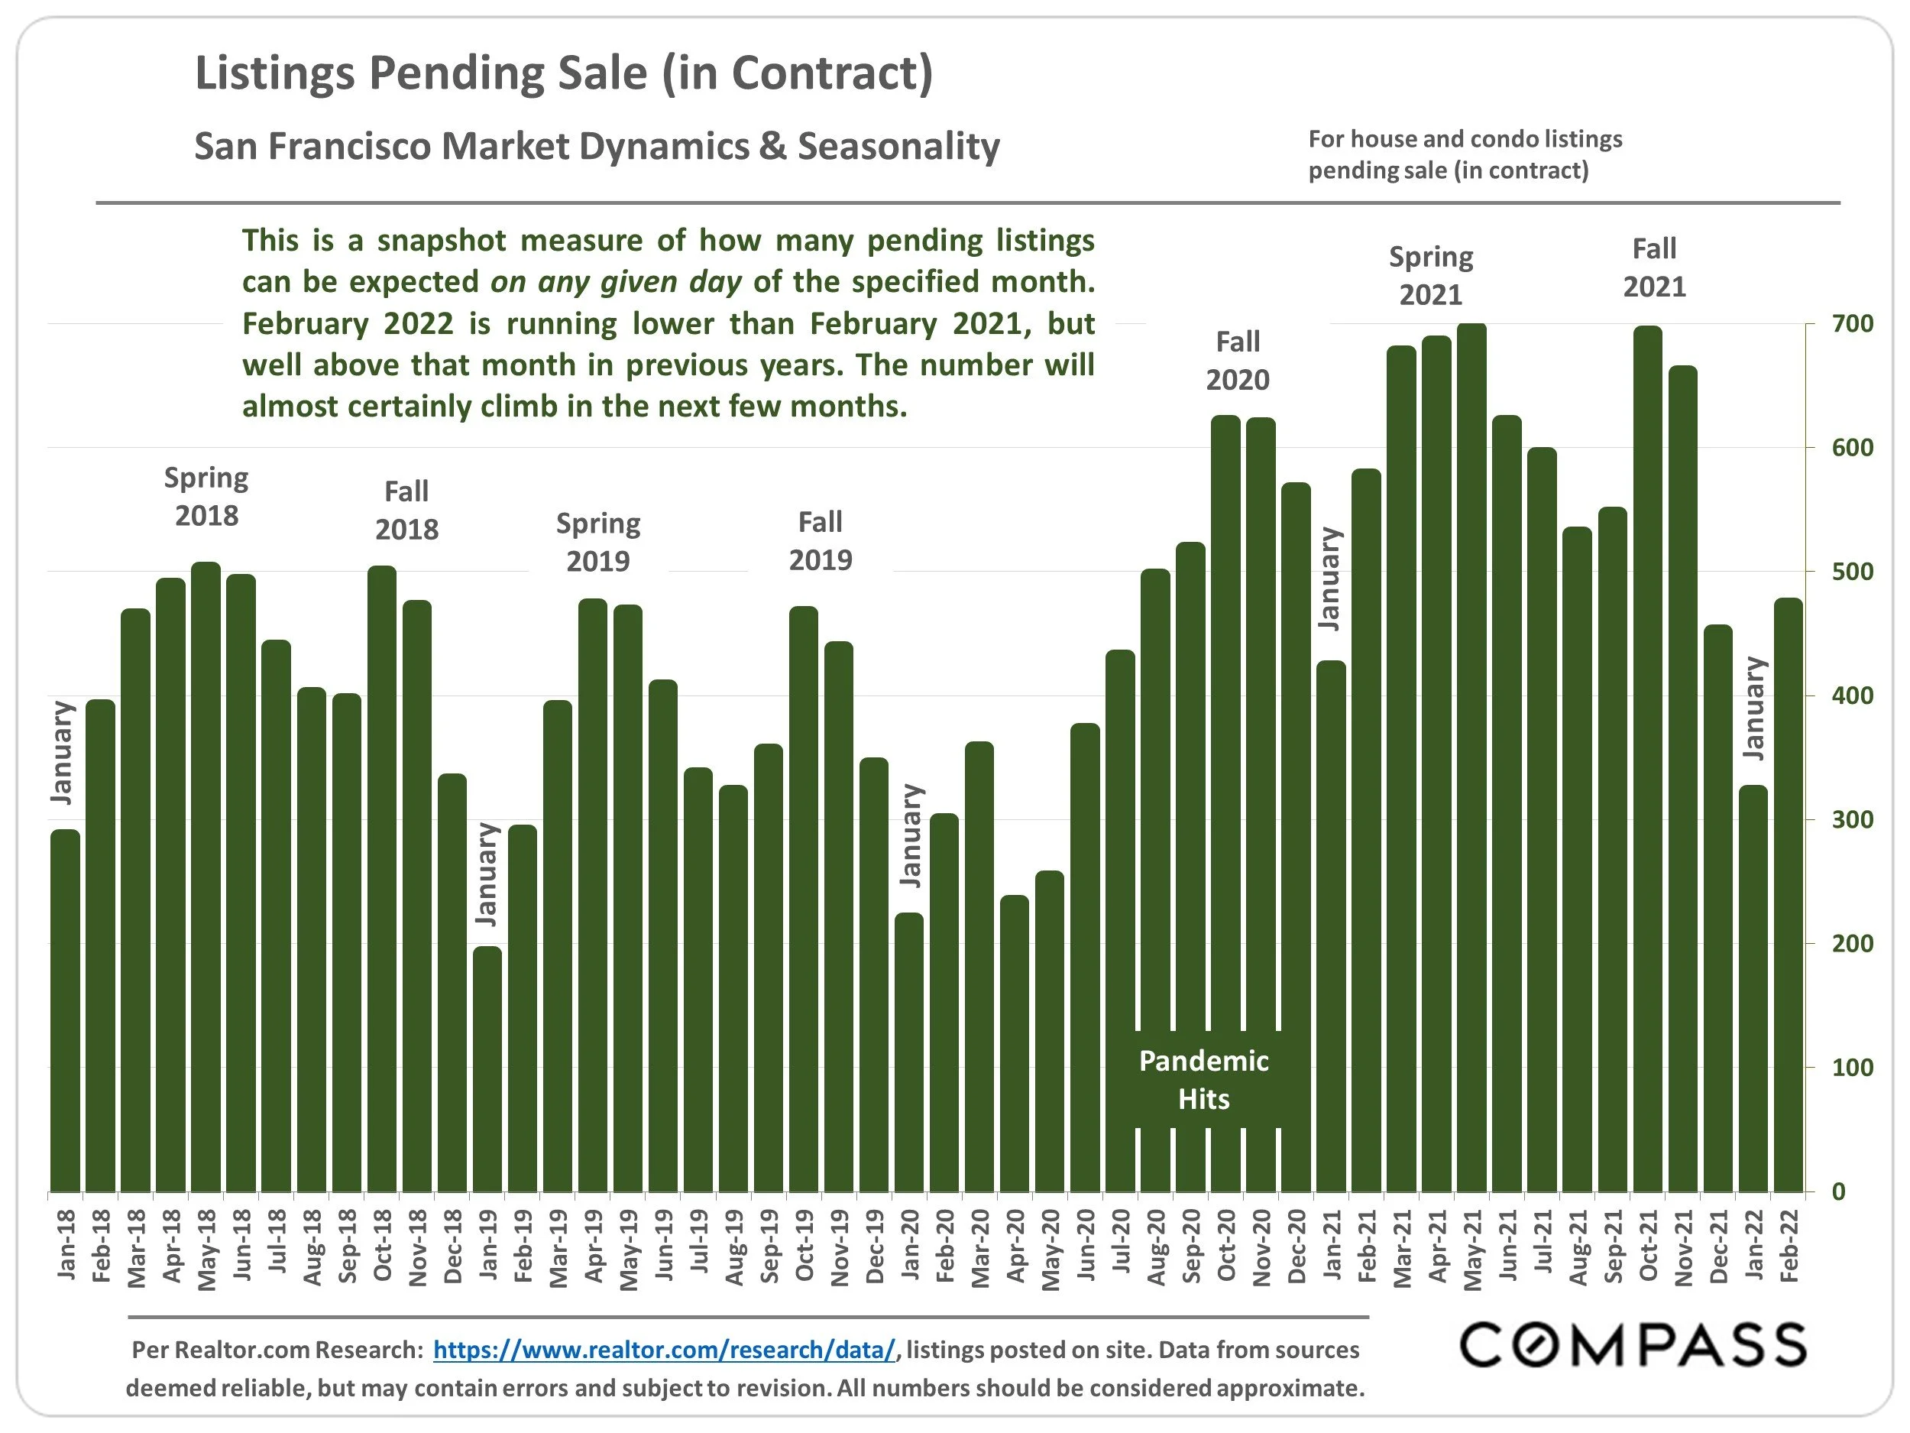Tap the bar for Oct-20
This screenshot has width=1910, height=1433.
coord(1225,803)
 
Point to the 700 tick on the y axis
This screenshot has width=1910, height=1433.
coord(1852,324)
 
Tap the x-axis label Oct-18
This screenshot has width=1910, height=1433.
coord(383,1246)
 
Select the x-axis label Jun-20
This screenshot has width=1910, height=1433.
coord(1086,1246)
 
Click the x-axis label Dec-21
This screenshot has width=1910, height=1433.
coord(1718,1246)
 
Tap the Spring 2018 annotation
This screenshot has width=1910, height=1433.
coord(206,497)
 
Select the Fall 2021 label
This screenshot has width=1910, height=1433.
coord(1653,267)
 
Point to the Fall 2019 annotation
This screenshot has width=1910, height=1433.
coord(821,541)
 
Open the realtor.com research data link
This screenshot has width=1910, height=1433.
coord(664,1350)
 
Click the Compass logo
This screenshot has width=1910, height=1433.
coord(1632,1346)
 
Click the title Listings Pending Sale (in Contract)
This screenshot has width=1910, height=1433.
coord(564,73)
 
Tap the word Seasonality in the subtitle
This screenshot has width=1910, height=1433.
coord(898,146)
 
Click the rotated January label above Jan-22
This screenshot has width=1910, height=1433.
coord(1753,708)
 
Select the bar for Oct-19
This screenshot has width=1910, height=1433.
coord(803,898)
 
